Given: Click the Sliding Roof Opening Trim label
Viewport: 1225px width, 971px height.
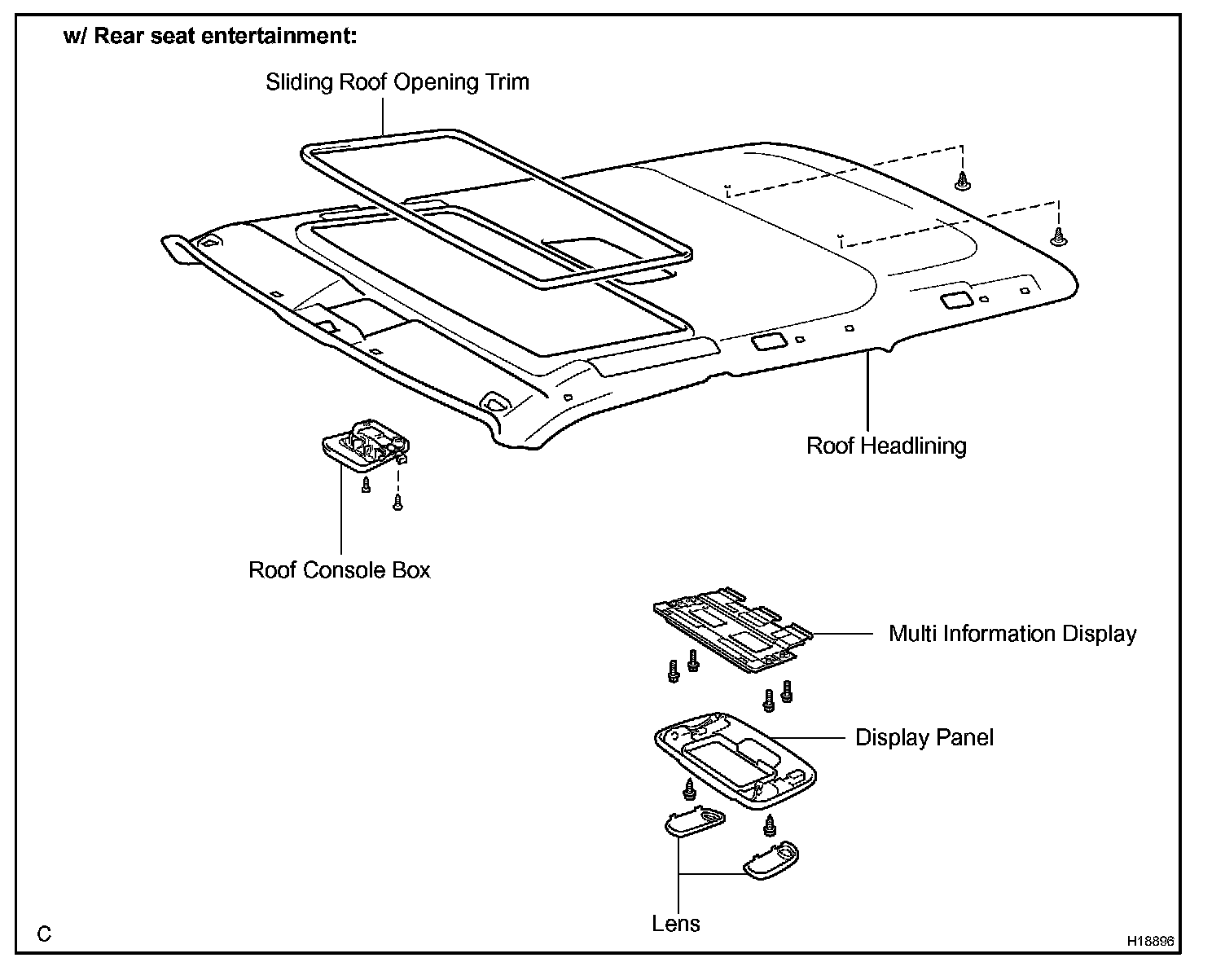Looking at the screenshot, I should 397,82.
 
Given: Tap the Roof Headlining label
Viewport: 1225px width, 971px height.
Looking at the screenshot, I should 886,446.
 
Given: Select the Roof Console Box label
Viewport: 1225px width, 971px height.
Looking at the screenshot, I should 339,569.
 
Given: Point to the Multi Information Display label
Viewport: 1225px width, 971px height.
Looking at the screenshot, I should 1012,634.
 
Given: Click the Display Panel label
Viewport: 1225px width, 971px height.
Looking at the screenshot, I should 924,738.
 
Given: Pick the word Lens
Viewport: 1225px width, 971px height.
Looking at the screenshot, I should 676,924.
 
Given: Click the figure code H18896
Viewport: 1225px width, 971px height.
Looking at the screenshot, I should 1150,941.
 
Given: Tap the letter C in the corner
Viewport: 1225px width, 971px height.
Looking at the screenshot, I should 44,934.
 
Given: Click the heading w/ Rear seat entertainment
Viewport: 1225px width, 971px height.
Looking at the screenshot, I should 210,37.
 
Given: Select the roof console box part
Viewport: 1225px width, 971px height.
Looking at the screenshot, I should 365,447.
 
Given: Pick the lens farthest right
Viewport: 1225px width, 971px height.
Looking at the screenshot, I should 771,859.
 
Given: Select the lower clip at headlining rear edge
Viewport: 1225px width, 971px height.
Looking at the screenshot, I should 1058,236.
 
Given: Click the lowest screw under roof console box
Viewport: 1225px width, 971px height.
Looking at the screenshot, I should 397,503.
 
